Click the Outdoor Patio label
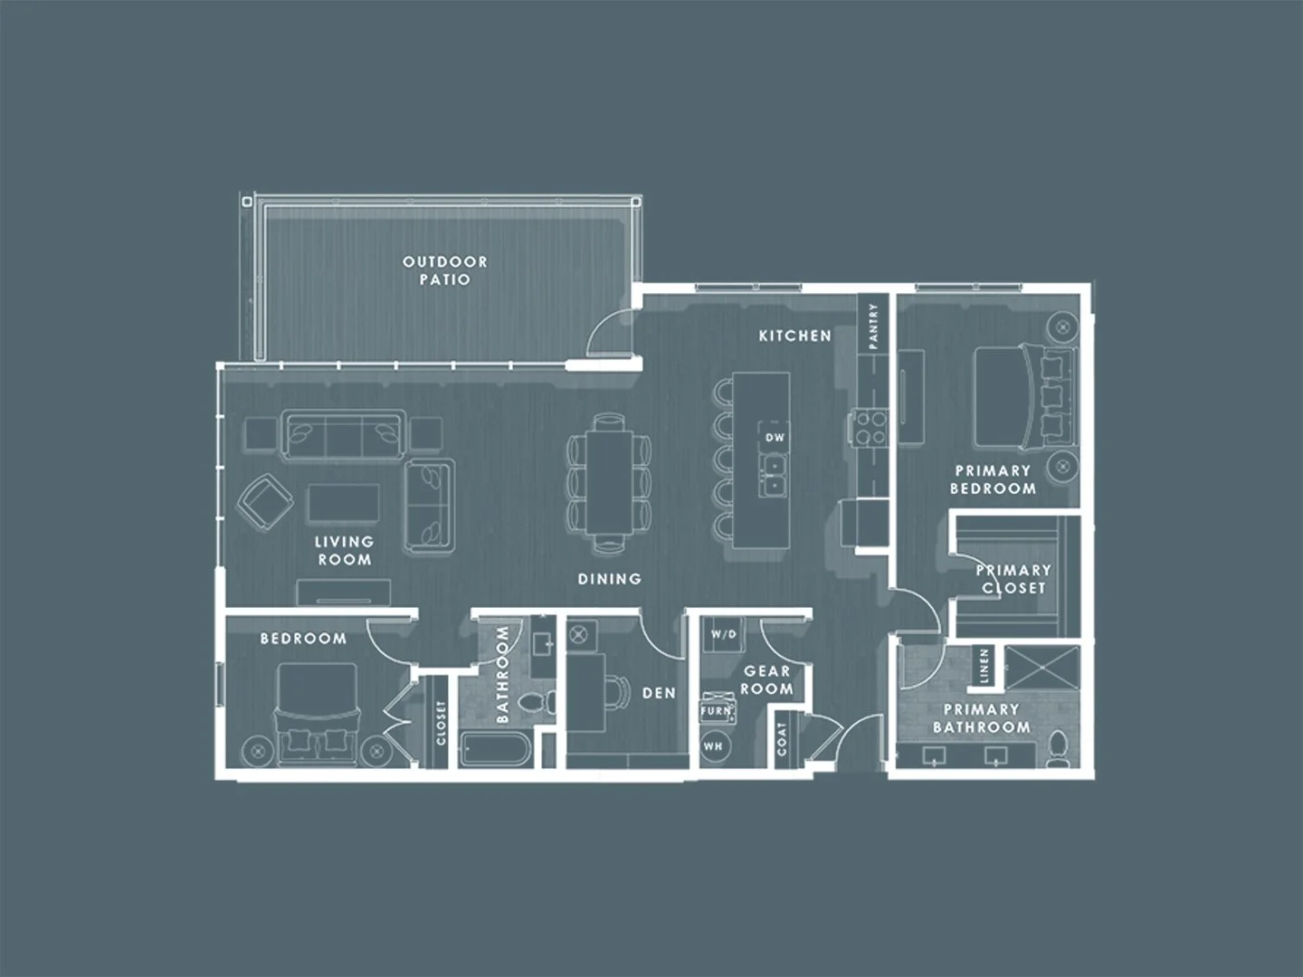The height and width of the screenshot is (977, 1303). (445, 270)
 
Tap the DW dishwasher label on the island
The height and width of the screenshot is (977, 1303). (775, 438)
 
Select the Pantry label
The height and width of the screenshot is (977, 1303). (873, 326)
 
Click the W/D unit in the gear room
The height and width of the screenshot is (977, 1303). (723, 635)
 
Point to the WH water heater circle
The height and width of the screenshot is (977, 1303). (713, 746)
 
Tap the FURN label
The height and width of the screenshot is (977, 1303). (715, 712)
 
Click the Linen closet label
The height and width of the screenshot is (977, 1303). (984, 666)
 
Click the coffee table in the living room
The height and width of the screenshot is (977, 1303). (343, 503)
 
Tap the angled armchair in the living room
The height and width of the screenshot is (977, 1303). (265, 500)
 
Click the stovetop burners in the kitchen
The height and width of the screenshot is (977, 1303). (868, 427)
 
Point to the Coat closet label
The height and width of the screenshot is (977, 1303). (782, 739)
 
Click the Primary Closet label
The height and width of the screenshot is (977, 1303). (1013, 579)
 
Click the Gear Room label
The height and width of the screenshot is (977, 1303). (767, 680)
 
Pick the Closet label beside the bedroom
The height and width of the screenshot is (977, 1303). (442, 723)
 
